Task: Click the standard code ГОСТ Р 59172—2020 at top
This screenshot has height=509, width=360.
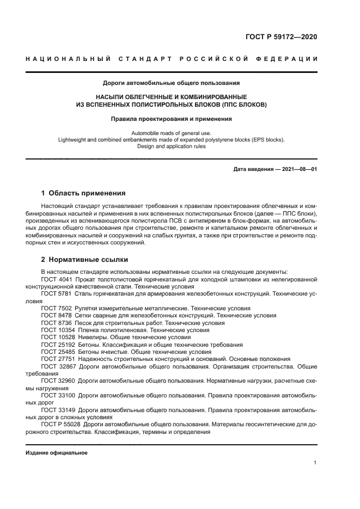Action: pos(281,37)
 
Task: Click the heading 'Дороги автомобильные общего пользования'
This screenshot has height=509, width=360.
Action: pos(171,83)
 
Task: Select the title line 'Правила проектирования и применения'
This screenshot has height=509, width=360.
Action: pos(171,118)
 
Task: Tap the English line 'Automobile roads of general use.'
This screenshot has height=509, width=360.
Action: pos(171,133)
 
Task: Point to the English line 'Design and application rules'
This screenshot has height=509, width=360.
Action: pos(171,146)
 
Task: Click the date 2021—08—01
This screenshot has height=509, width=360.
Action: pos(298,169)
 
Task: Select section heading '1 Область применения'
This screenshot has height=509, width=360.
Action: pos(83,193)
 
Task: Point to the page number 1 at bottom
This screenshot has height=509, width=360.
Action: pos(315,463)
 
